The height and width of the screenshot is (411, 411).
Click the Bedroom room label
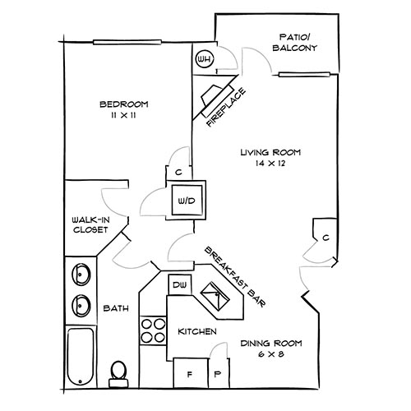pyautogui.click(x=123, y=104)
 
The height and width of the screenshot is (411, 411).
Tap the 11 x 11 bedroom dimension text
pyautogui.click(x=123, y=117)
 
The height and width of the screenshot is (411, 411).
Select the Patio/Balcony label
pyautogui.click(x=293, y=43)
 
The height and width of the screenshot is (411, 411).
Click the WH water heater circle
pyautogui.click(x=205, y=59)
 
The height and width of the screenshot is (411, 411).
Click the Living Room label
pyautogui.click(x=270, y=153)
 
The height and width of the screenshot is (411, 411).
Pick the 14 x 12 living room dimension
pyautogui.click(x=270, y=165)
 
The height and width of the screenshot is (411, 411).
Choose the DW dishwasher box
pyautogui.click(x=178, y=284)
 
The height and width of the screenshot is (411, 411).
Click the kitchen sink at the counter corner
pyautogui.click(x=215, y=294)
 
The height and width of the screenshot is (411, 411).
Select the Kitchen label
pyautogui.click(x=197, y=331)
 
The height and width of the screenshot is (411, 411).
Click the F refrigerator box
pyautogui.click(x=189, y=373)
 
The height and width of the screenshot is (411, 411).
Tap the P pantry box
pyautogui.click(x=218, y=373)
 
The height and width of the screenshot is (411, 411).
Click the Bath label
pyautogui.click(x=115, y=309)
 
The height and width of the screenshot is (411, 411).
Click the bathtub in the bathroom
pyautogui.click(x=82, y=358)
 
